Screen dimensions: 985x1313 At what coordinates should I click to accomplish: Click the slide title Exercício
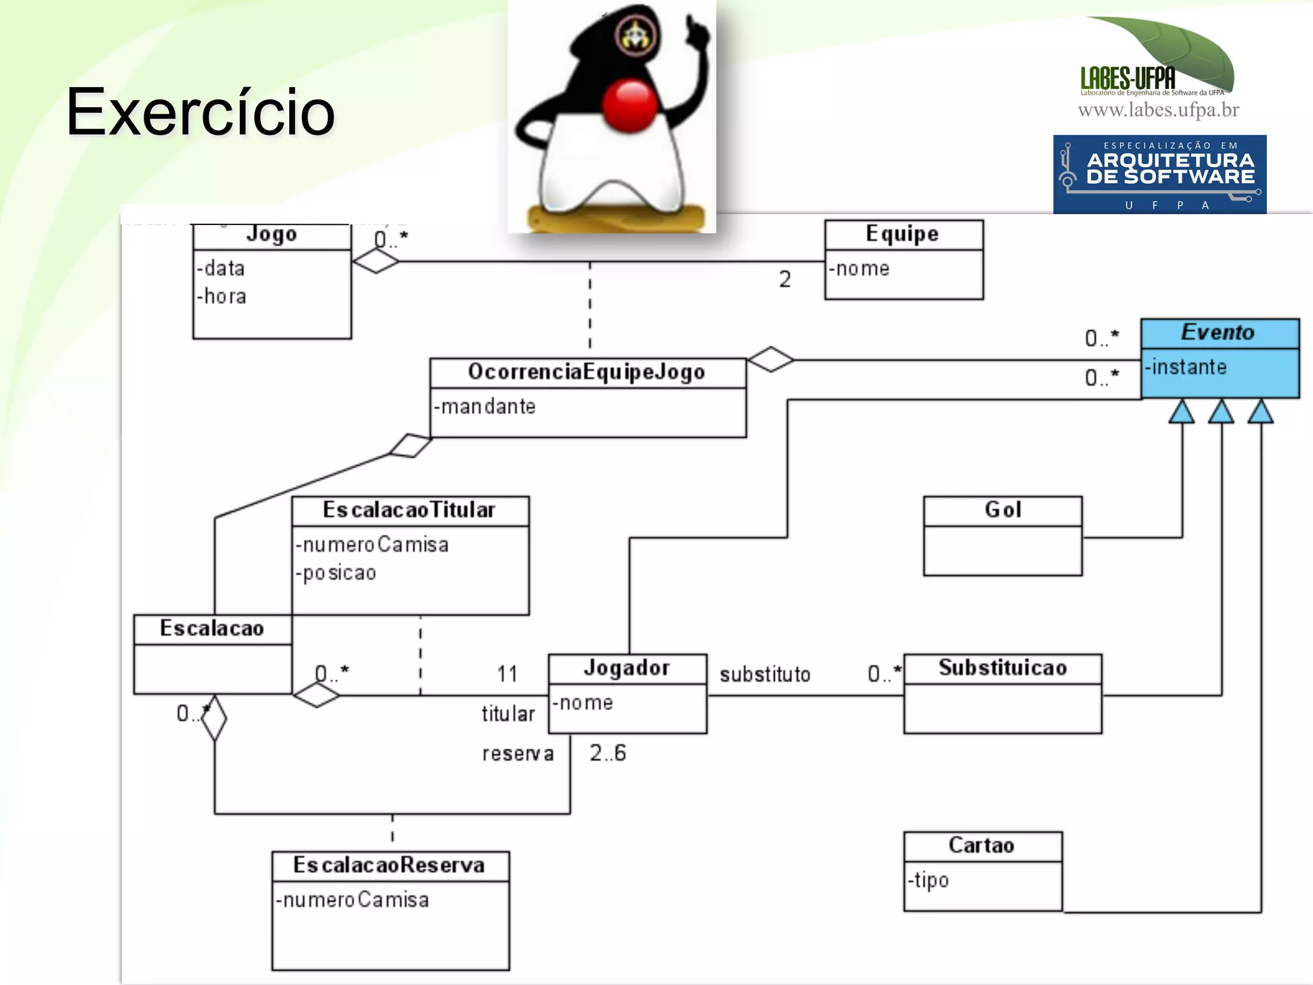pyautogui.click(x=200, y=113)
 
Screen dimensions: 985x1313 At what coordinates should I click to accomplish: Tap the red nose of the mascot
pyautogui.click(x=630, y=106)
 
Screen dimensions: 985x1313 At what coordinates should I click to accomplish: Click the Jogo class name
pyautogui.click(x=272, y=235)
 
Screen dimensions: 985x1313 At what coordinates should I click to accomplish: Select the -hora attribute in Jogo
pyautogui.click(x=222, y=297)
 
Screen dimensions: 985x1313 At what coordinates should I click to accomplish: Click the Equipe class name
pyautogui.click(x=902, y=234)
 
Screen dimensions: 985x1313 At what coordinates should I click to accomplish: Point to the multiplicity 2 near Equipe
pyautogui.click(x=785, y=279)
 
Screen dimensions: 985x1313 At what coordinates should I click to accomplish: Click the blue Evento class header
pyautogui.click(x=1217, y=333)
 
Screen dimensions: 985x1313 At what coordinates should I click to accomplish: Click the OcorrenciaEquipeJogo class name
pyautogui.click(x=586, y=372)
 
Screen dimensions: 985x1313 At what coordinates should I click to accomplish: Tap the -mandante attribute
pyautogui.click(x=485, y=407)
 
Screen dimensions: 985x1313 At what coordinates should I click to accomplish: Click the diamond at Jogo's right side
pyautogui.click(x=376, y=261)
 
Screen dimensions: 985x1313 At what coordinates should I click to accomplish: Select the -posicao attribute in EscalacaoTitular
pyautogui.click(x=336, y=573)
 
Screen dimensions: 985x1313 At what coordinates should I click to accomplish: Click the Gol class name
pyautogui.click(x=1003, y=510)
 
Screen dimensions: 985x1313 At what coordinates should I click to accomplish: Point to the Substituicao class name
pyautogui.click(x=1003, y=668)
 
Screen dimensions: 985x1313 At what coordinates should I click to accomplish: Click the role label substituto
pyautogui.click(x=765, y=675)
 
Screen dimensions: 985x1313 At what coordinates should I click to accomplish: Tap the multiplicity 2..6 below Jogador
pyautogui.click(x=608, y=753)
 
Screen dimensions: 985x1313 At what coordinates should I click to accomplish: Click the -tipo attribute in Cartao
pyautogui.click(x=928, y=881)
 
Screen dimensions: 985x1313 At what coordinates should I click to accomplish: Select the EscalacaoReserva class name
pyautogui.click(x=389, y=865)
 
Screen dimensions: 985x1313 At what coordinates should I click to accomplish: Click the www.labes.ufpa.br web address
pyautogui.click(x=1158, y=110)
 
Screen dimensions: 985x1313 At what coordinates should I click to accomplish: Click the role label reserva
pyautogui.click(x=518, y=754)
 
